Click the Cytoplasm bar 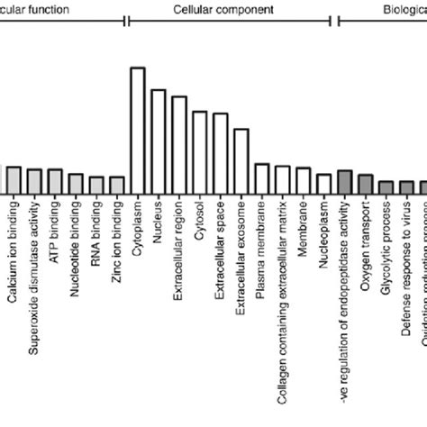point(138,131)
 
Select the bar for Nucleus point(159,141)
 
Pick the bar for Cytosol point(200,152)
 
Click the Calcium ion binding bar point(14,180)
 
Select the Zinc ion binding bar point(117,185)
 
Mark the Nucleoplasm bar point(323,184)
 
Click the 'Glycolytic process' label point(386,247)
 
